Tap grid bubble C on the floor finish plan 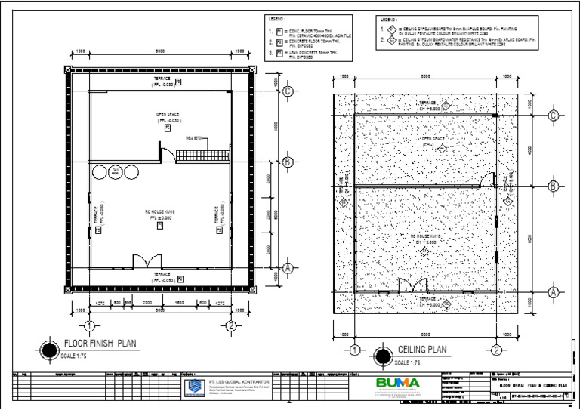tap(288, 91)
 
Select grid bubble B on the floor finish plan tap(288, 162)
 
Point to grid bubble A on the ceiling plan tap(553, 291)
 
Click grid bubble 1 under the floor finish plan tap(88, 326)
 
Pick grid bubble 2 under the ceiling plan tap(496, 350)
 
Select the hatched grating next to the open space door tap(202, 155)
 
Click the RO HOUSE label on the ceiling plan tap(425, 236)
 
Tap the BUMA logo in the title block tap(398, 383)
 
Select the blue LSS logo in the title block tap(194, 387)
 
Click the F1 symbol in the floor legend tap(280, 32)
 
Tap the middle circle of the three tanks tap(117, 172)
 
